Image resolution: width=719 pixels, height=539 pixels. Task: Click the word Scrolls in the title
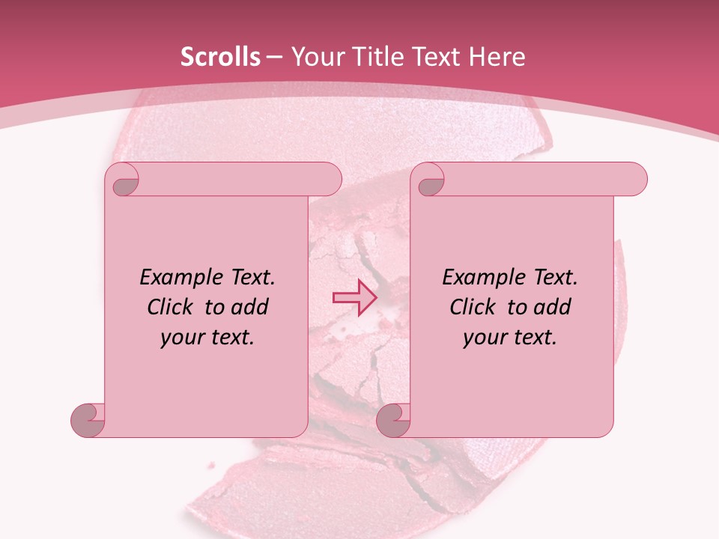(x=220, y=57)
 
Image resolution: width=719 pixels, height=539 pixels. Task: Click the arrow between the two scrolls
(x=355, y=297)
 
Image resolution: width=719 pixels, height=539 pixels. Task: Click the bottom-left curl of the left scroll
(x=88, y=421)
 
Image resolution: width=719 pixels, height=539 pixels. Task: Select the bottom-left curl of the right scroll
(x=392, y=421)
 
